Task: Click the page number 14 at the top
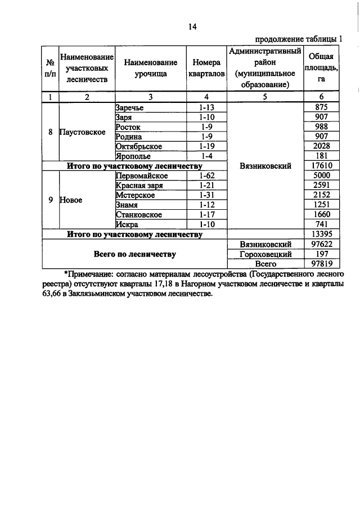(192, 26)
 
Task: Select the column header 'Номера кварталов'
(207, 68)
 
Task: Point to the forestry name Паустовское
(83, 132)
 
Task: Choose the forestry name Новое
(71, 200)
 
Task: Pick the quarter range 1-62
(207, 175)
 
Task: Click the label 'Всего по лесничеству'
(134, 254)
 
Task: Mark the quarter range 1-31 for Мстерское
(207, 195)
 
